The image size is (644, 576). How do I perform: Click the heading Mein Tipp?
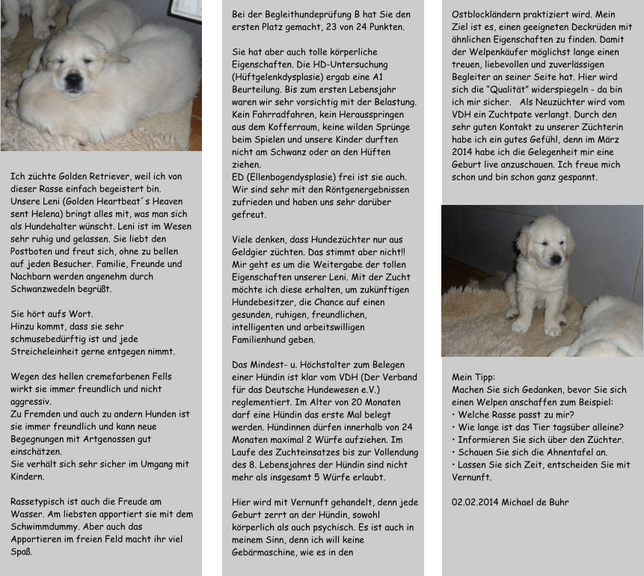(x=474, y=377)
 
